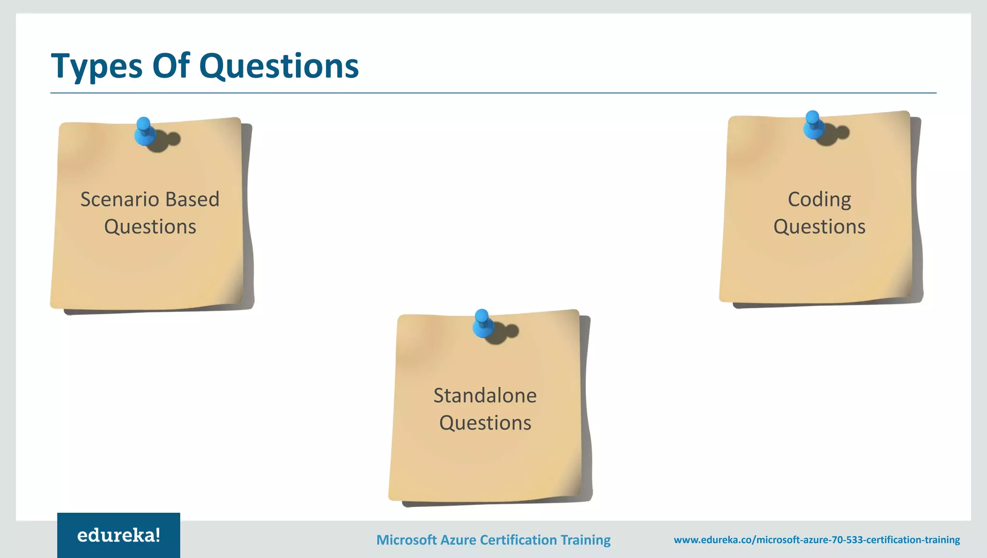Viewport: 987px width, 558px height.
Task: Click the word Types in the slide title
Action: coord(97,66)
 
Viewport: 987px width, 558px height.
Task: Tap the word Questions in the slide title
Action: coord(279,66)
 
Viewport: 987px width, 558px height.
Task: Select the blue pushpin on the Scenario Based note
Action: coord(144,131)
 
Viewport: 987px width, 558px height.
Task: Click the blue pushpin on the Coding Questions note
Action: coord(813,125)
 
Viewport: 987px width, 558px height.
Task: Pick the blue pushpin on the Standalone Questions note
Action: coord(482,323)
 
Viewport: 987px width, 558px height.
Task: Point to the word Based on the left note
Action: coord(192,199)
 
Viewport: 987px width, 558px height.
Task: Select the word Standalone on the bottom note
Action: coord(485,395)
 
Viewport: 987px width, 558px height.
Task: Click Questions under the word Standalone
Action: coord(485,423)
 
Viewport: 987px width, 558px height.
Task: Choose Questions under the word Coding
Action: coord(819,227)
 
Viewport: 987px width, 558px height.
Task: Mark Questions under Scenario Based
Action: coord(150,227)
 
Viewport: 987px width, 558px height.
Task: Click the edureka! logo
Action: coord(119,535)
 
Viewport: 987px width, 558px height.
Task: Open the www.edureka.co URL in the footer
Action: coord(817,540)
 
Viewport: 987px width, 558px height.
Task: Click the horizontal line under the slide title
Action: coord(493,93)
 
